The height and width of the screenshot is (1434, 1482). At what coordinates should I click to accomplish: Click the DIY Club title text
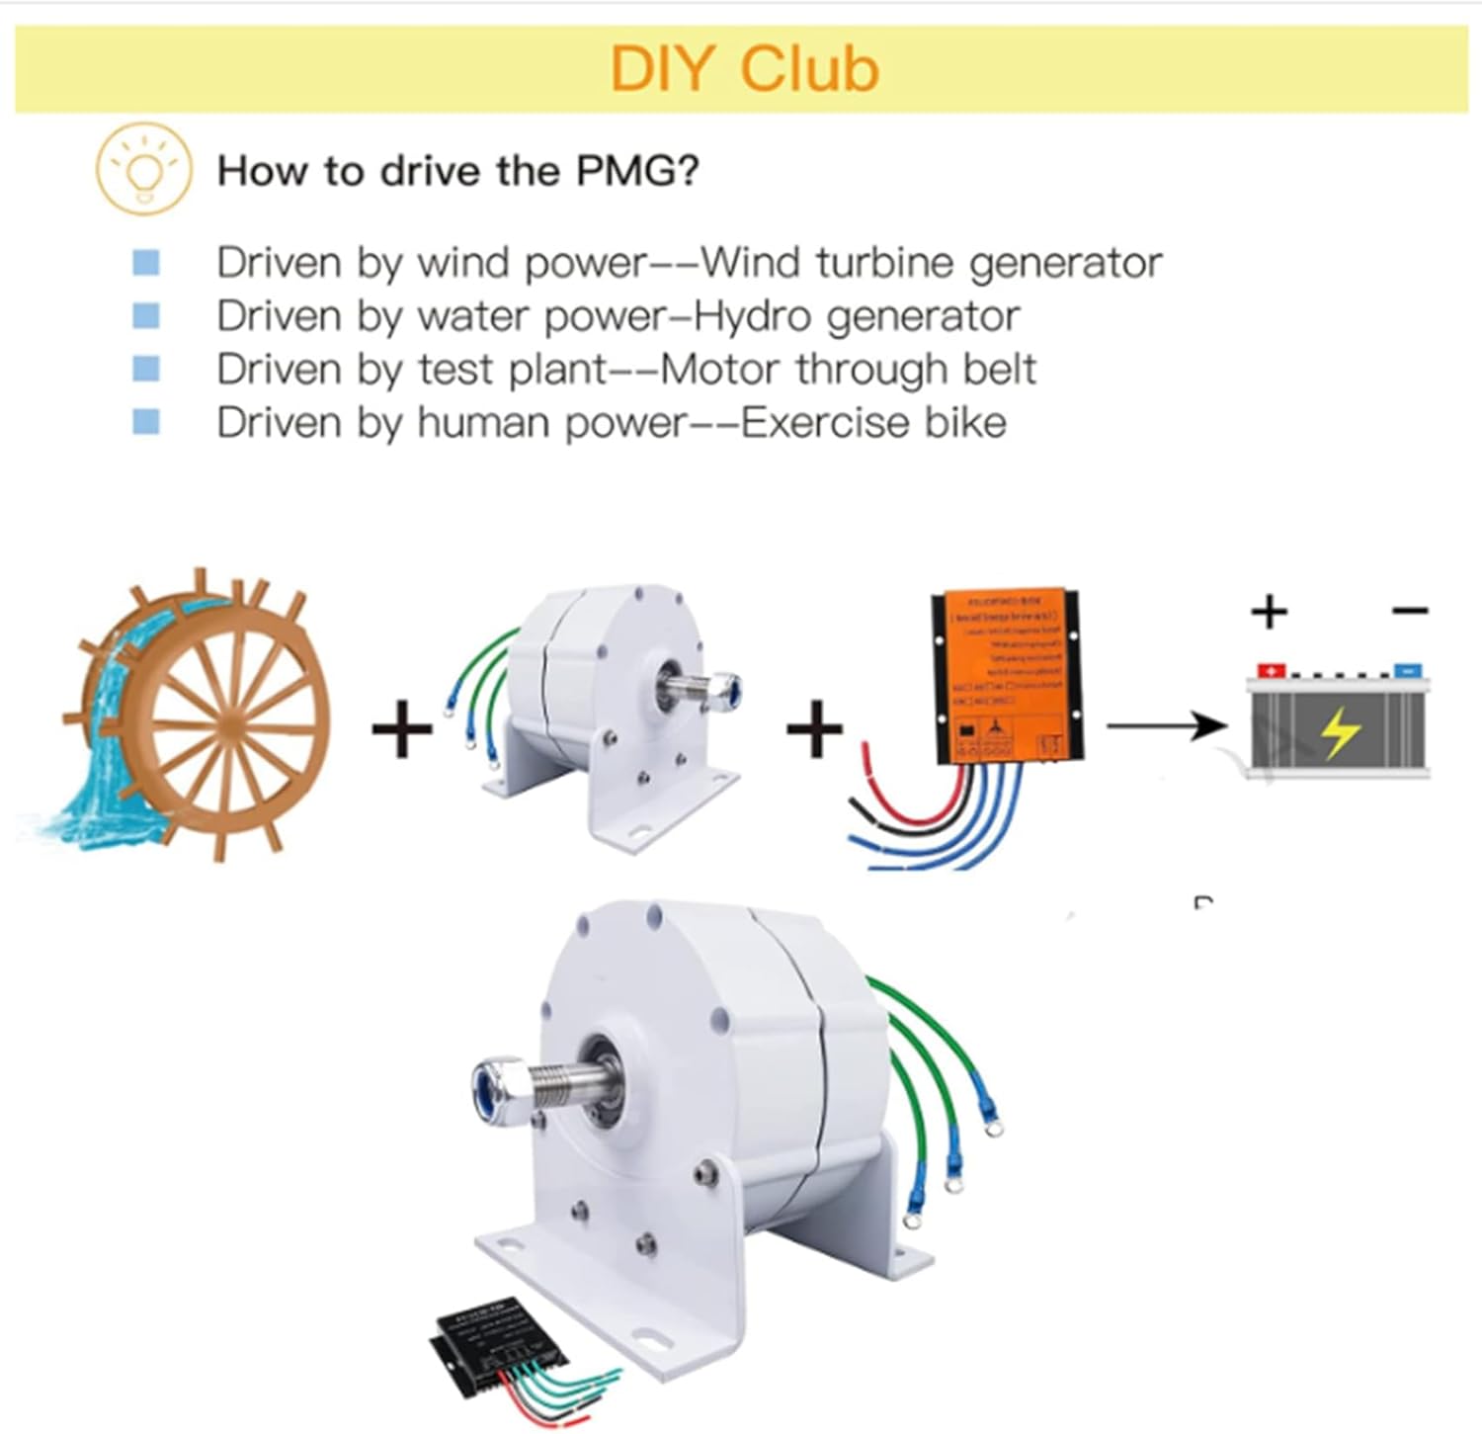(744, 69)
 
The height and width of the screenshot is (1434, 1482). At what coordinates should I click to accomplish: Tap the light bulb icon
(143, 169)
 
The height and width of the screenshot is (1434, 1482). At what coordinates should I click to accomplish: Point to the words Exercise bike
(873, 423)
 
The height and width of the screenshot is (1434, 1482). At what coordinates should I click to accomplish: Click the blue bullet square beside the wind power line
(146, 263)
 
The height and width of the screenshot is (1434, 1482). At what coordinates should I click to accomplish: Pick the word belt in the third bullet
(991, 370)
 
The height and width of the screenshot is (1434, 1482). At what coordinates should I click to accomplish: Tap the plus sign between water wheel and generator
(402, 730)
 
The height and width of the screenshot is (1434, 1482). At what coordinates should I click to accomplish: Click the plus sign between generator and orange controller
(814, 730)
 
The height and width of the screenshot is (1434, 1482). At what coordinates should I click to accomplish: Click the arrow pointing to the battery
(1166, 726)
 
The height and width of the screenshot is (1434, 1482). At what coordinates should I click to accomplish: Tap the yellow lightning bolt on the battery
(1340, 731)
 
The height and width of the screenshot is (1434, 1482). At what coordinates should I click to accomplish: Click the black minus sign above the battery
(1410, 611)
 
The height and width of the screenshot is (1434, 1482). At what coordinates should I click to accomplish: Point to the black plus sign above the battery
(1270, 612)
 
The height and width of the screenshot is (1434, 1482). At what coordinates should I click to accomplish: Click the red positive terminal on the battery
(1271, 670)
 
